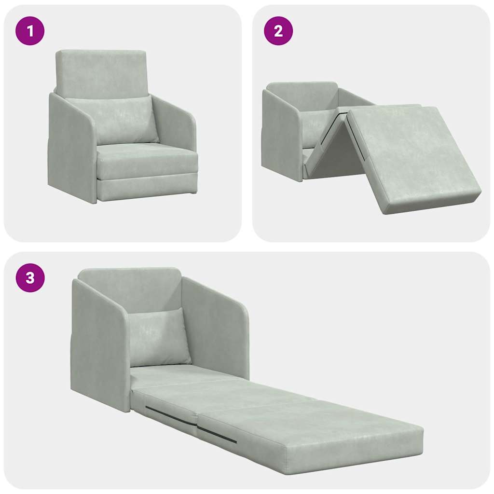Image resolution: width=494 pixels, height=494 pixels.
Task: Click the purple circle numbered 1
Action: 30,31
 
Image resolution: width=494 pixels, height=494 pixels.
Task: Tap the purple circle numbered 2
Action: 278,31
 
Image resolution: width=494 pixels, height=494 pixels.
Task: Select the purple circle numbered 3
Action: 30,278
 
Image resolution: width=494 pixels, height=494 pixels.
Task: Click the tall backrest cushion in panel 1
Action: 101,72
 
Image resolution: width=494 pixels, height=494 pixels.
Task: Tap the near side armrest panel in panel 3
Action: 99,347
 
